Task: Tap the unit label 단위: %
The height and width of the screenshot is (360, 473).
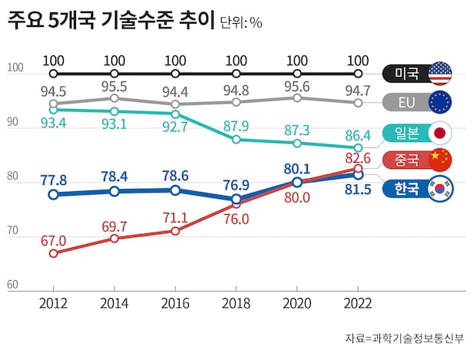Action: (x=241, y=23)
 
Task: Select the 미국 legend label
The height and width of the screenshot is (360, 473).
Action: (x=406, y=74)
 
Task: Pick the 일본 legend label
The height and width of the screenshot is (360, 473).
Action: (x=406, y=132)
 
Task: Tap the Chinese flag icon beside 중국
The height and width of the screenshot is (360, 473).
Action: (x=439, y=160)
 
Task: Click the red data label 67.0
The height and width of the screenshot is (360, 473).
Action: (x=53, y=241)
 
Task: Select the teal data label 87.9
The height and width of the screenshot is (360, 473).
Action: (x=236, y=126)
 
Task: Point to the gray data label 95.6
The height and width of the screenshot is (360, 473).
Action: (x=297, y=87)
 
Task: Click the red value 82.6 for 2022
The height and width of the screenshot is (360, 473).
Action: (x=358, y=157)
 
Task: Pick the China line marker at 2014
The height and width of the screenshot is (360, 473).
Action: (x=114, y=238)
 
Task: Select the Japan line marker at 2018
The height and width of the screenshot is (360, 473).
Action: (x=236, y=140)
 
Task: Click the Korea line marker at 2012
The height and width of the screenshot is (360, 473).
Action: (x=53, y=195)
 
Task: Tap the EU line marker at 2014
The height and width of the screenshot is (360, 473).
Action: (x=114, y=98)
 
